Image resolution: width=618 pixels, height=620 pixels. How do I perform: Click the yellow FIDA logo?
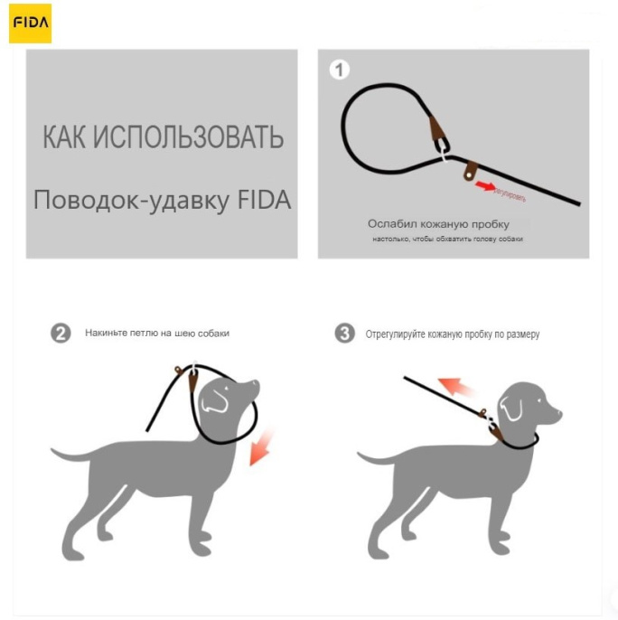(x=30, y=23)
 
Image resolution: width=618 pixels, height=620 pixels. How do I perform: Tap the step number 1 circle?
(x=339, y=70)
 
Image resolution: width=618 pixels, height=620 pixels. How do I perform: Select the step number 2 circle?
(x=61, y=333)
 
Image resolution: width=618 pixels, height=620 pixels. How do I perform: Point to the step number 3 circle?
(x=344, y=333)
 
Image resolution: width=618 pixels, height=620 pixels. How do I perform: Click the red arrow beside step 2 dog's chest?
(x=261, y=447)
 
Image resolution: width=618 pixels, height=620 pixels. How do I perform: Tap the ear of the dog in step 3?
(x=513, y=409)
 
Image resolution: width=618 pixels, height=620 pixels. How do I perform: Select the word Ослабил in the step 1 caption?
(x=389, y=223)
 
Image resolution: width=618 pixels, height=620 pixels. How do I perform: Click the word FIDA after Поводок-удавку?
(x=264, y=200)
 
